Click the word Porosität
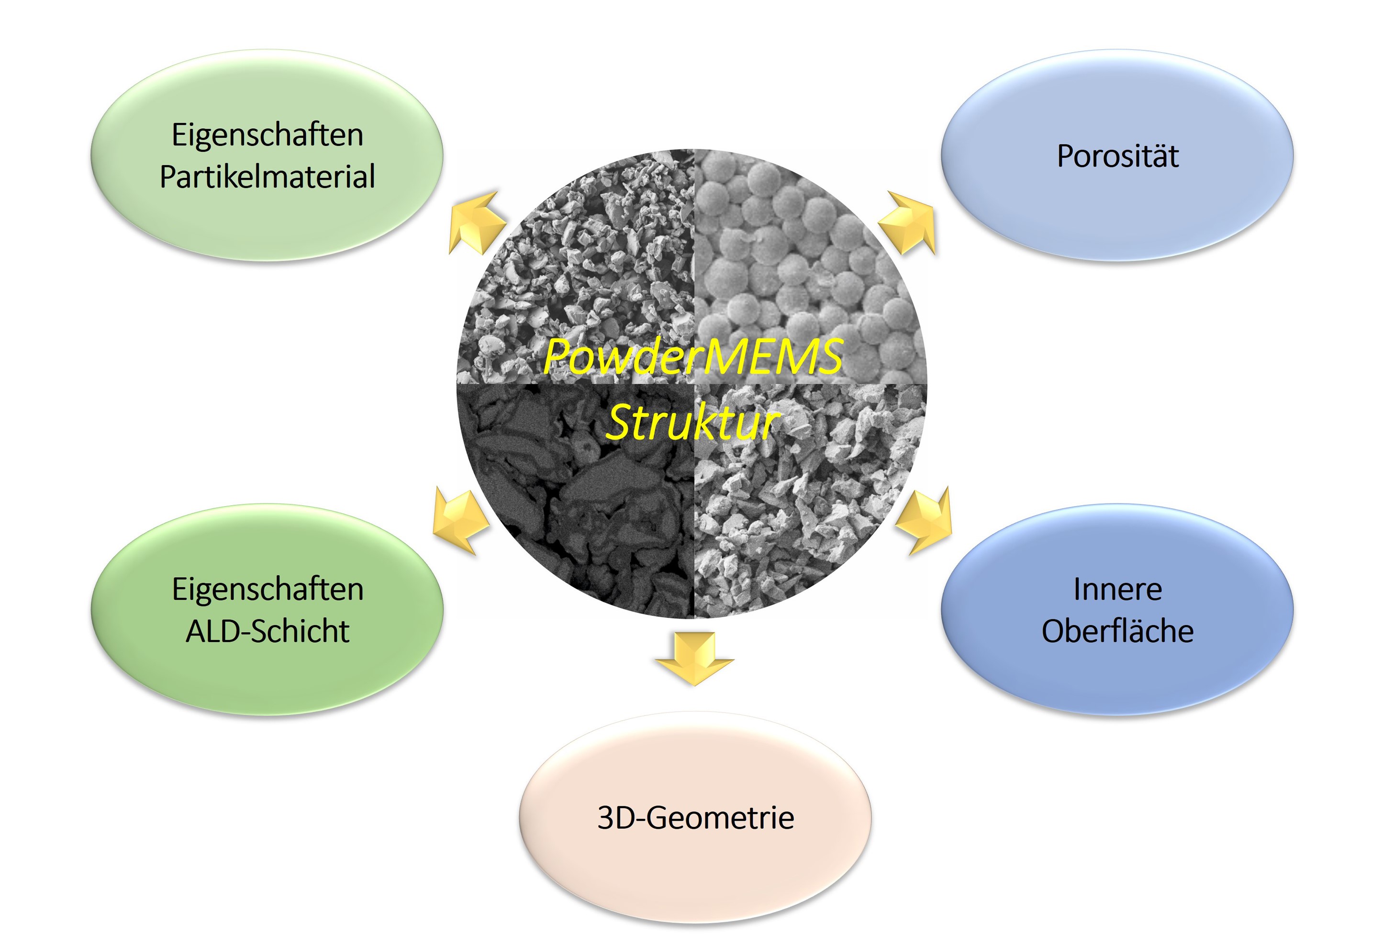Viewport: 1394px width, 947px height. (1117, 156)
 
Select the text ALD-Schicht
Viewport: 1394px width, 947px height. (268, 631)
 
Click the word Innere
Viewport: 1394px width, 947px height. (1117, 589)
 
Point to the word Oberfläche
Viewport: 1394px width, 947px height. (1117, 631)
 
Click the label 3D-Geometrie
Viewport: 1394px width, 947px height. (696, 817)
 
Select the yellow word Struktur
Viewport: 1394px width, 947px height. (693, 422)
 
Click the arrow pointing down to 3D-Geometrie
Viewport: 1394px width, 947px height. (694, 658)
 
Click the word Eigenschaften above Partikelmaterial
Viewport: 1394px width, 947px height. (268, 135)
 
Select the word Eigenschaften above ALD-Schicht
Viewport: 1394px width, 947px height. (268, 590)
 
